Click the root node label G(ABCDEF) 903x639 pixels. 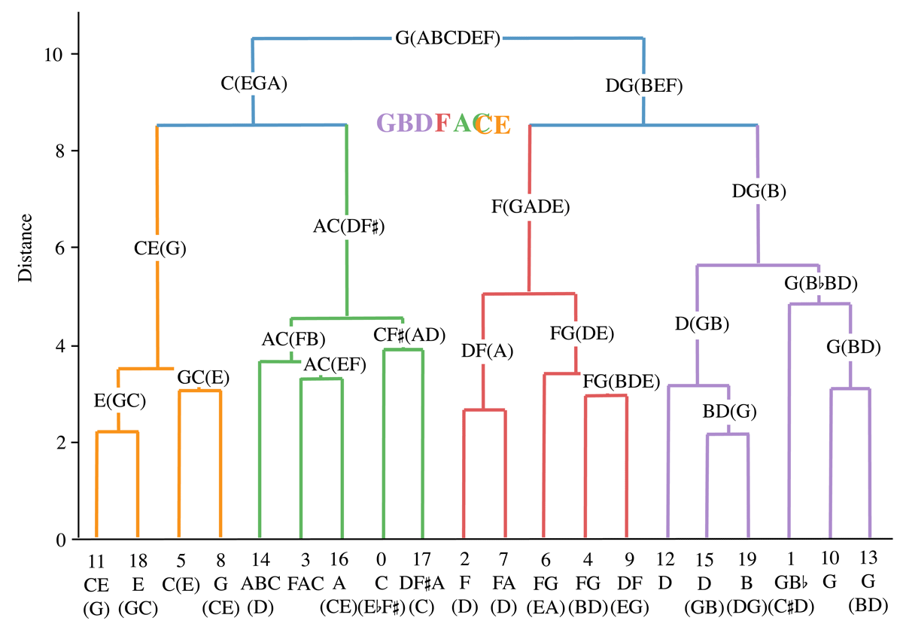click(448, 38)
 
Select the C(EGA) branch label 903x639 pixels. click(254, 84)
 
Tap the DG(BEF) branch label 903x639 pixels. click(643, 86)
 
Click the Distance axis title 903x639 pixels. click(26, 248)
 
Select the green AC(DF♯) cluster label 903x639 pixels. click(349, 226)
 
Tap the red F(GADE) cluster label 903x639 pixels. click(529, 206)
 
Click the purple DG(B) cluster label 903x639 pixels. click(759, 191)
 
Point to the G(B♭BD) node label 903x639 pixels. click(821, 284)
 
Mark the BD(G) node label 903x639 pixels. click(729, 412)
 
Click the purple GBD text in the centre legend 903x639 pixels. click(405, 123)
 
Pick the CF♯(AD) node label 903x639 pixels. click(410, 334)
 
